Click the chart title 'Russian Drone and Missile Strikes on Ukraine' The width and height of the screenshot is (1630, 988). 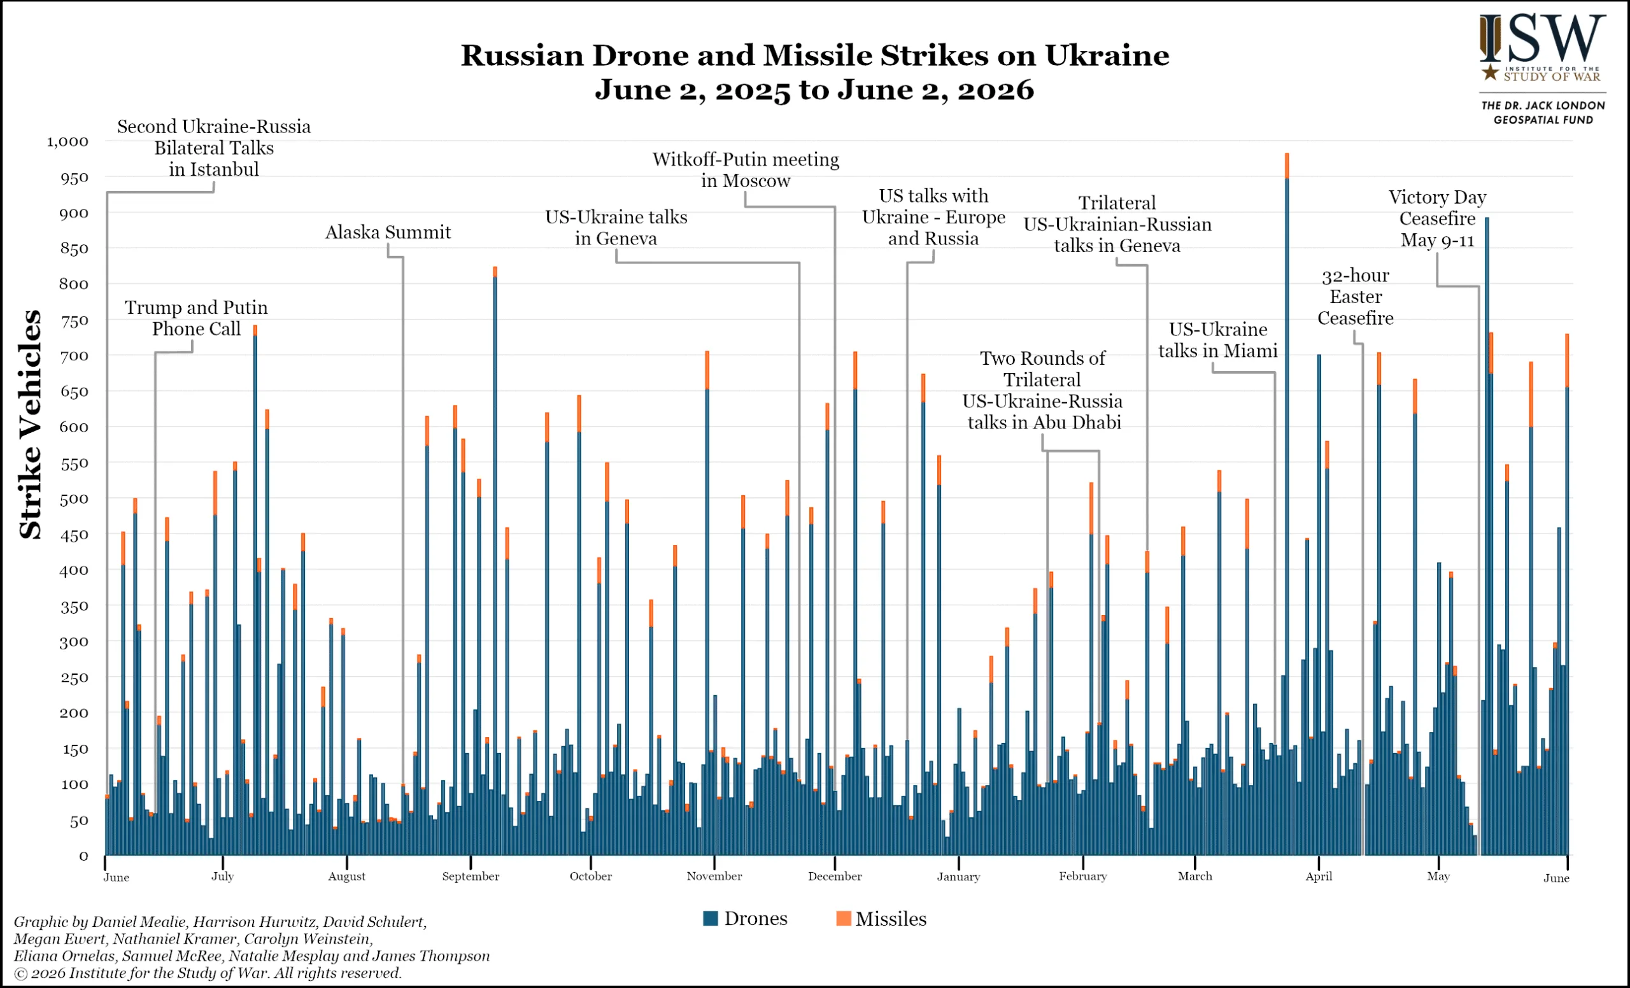(814, 55)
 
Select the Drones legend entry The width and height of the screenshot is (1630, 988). (746, 919)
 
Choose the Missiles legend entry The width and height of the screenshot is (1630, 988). (882, 919)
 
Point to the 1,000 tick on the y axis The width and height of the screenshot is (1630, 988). (67, 141)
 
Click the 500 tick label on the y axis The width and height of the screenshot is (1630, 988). (73, 499)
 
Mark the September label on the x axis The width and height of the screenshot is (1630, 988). (471, 876)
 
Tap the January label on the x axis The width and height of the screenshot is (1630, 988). (958, 876)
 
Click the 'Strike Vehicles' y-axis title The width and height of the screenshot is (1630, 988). (31, 425)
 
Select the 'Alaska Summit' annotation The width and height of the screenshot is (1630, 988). (388, 232)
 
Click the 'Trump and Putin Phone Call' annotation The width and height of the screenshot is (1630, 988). (197, 318)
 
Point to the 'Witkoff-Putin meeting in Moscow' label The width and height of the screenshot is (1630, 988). (746, 170)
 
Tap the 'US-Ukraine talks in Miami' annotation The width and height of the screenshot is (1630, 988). (1218, 340)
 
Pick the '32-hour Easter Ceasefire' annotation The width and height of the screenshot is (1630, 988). (1356, 297)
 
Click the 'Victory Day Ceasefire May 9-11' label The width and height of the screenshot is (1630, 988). (1438, 219)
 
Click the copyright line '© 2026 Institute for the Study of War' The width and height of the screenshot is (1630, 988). (207, 973)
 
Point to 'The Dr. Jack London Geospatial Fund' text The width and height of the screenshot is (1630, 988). (1543, 113)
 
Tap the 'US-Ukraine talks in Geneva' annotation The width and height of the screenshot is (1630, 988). (616, 227)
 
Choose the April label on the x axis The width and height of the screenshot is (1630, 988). (1319, 876)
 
